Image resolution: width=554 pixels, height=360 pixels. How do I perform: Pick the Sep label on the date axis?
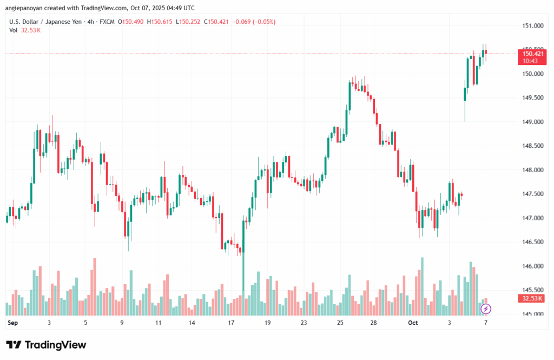click(x=12, y=323)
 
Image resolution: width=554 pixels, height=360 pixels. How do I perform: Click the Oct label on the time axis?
click(x=413, y=323)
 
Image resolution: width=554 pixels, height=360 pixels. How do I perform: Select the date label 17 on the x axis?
click(x=231, y=323)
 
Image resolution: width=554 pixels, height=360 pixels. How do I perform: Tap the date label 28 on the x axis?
click(x=373, y=323)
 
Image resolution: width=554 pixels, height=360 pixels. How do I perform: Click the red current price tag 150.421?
click(x=532, y=53)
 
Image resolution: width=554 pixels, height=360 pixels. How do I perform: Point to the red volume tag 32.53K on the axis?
click(x=532, y=298)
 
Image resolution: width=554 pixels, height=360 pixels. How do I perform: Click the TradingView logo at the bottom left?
click(x=46, y=345)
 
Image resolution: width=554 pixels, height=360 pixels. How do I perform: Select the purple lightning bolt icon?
click(x=486, y=309)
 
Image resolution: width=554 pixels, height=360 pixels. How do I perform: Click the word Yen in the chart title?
click(x=77, y=22)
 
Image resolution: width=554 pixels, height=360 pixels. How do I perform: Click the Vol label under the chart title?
click(x=14, y=30)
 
